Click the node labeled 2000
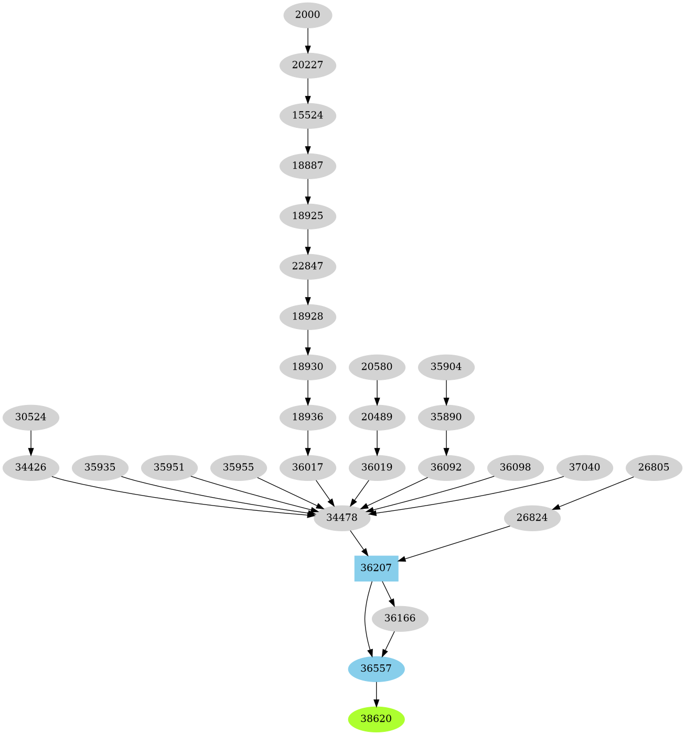(x=307, y=15)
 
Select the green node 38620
(x=376, y=719)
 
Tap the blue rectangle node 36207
(x=376, y=568)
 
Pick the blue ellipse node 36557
(x=376, y=668)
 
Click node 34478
(x=342, y=518)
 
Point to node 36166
(x=400, y=618)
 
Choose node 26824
(x=532, y=518)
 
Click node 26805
(x=654, y=467)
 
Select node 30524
(x=31, y=418)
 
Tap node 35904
(x=446, y=367)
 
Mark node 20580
(x=377, y=367)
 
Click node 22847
(x=307, y=266)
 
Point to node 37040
(x=584, y=467)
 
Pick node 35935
(x=100, y=467)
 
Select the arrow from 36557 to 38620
(x=376, y=694)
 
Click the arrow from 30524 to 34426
(x=31, y=442)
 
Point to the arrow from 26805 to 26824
(x=593, y=492)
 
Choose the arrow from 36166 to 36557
(x=389, y=643)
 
